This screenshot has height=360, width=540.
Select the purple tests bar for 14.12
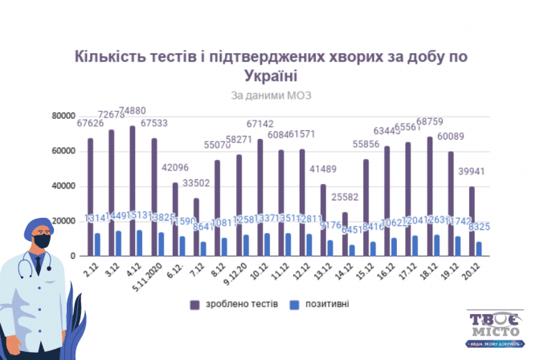tap(345, 234)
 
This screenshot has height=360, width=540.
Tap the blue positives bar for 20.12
tap(480, 248)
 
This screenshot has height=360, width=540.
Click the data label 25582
tap(346, 198)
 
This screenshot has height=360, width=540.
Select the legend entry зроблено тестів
tap(234, 304)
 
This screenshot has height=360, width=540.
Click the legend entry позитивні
tap(325, 304)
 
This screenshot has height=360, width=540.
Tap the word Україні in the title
tap(269, 76)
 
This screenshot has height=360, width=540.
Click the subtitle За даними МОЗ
tap(270, 95)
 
